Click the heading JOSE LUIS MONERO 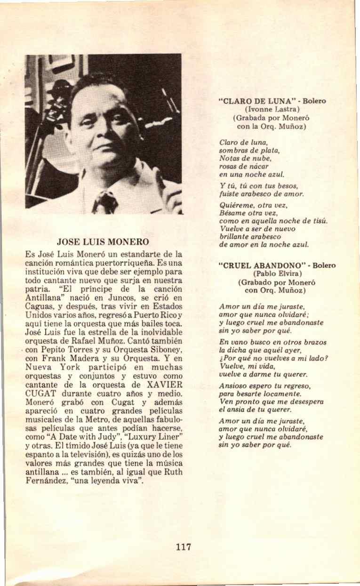[x=103, y=242]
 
